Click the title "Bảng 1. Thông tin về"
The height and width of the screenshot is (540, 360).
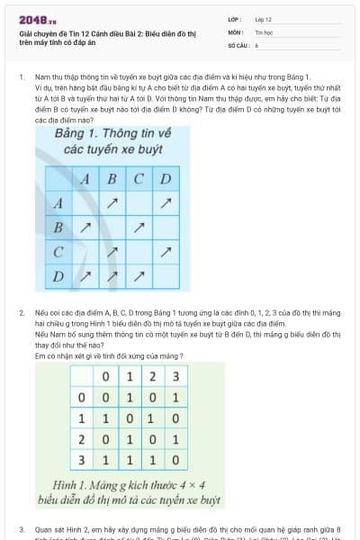[x=102, y=134]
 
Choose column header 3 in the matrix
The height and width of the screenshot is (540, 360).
[x=175, y=375]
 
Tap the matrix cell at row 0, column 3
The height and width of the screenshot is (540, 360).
[x=175, y=396]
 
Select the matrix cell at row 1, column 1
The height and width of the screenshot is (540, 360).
[x=130, y=418]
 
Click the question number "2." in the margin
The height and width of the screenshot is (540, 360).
[x=21, y=310]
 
